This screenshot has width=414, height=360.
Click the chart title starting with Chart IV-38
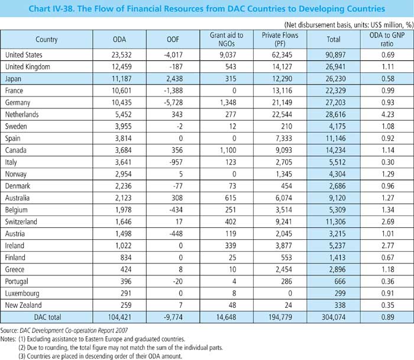(x=206, y=9)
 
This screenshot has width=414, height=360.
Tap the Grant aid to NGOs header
(x=224, y=40)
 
